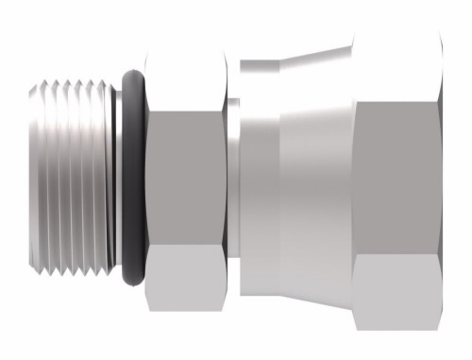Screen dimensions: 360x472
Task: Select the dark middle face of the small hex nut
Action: point(186,180)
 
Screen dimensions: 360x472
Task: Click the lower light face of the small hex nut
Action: point(186,280)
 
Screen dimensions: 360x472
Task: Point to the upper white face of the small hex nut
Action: point(186,80)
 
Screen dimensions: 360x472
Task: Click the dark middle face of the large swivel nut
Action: point(396,180)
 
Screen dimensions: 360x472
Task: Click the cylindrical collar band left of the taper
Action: point(259,180)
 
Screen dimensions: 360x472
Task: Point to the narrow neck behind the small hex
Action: point(232,180)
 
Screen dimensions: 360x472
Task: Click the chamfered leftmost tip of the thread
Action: point(33,180)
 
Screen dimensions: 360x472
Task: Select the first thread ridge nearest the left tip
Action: point(46,180)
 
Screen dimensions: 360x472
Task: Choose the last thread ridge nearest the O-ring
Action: point(103,180)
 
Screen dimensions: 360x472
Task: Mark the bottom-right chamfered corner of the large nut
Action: point(436,321)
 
